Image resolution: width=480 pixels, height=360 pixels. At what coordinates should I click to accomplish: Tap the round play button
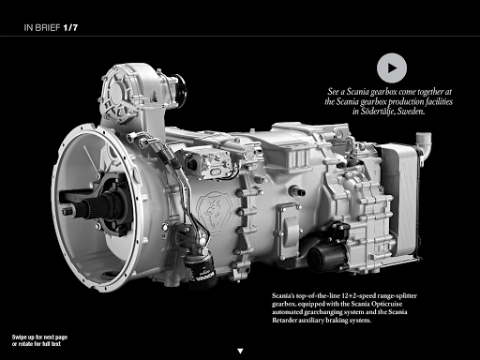click(392, 68)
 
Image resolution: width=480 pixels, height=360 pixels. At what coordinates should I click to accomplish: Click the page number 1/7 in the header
click(70, 27)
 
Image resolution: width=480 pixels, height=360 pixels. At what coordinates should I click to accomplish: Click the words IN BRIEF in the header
click(42, 27)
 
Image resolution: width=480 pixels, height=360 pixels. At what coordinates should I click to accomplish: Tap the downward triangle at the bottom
click(240, 352)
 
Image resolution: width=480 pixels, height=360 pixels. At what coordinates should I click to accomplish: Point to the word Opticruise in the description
click(387, 304)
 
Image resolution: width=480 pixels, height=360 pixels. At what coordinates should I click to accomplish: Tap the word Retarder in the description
click(283, 320)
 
